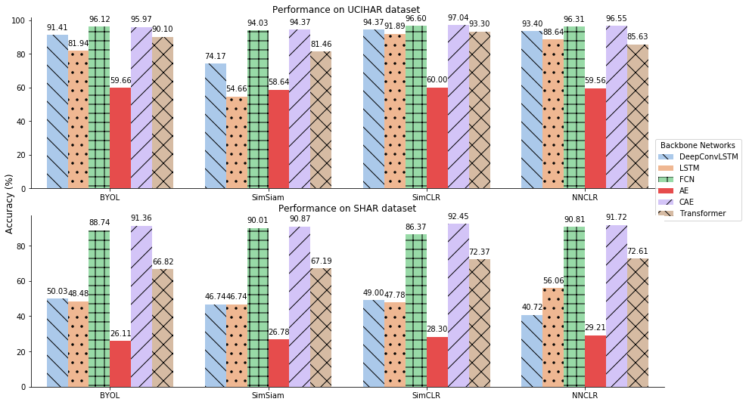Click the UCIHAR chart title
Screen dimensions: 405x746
(x=346, y=10)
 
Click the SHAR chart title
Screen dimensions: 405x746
(x=347, y=209)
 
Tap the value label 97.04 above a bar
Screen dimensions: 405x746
(x=458, y=18)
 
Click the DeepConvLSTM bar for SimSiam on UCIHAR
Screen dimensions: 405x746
(x=216, y=125)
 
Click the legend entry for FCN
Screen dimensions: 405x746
(x=687, y=180)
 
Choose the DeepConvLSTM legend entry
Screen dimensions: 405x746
(x=698, y=157)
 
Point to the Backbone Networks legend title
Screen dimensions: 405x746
(x=698, y=145)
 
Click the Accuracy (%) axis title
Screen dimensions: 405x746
(x=10, y=203)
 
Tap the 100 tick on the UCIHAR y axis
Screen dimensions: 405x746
(x=19, y=20)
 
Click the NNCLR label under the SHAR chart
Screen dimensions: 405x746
(x=585, y=396)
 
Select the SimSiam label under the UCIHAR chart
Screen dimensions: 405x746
(x=268, y=197)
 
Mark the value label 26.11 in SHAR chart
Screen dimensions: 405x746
(x=120, y=334)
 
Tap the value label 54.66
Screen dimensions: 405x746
(x=237, y=89)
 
